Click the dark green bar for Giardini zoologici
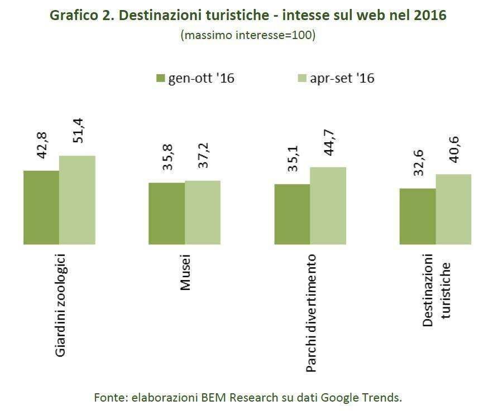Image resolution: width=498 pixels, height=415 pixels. [x=41, y=207]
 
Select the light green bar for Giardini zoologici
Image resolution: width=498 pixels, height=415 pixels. [x=77, y=200]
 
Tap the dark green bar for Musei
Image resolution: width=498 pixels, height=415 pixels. [x=166, y=214]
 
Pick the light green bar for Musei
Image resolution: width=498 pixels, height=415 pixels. [x=203, y=213]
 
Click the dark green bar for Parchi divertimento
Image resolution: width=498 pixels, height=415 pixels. [x=292, y=214]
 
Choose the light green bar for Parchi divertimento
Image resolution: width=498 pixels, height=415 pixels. [x=328, y=206]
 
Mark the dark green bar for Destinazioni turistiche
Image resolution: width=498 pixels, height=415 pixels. [x=418, y=216]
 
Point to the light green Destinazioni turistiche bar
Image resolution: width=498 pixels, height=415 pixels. [x=453, y=209]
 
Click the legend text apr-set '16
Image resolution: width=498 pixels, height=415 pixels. [x=341, y=79]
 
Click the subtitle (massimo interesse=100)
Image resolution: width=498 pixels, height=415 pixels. [x=248, y=35]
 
